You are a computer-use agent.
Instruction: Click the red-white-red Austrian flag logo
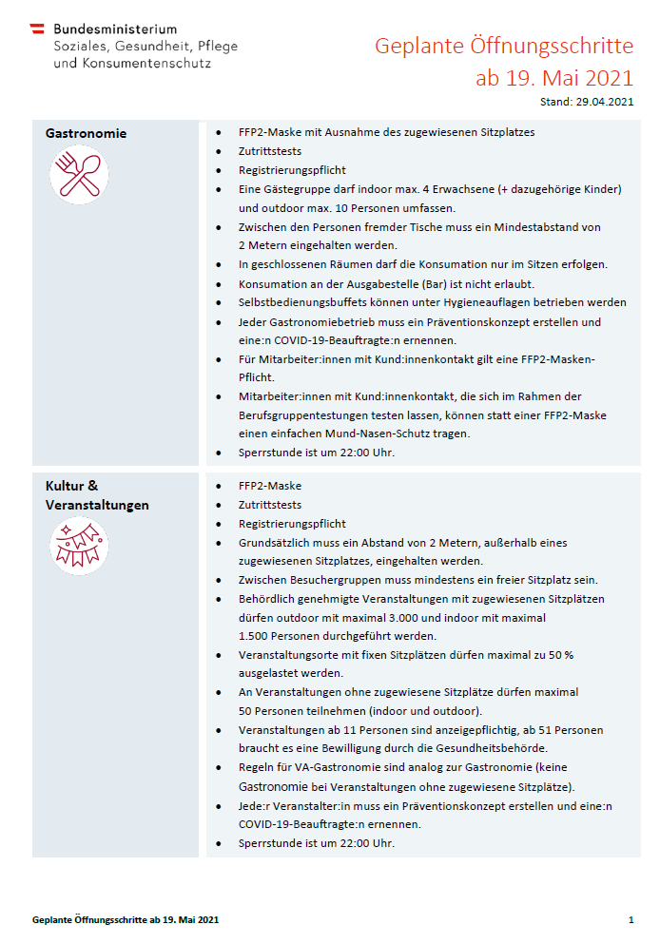pos(37,29)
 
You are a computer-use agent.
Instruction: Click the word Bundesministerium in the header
pos(115,29)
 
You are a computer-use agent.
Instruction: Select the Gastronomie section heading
pos(86,133)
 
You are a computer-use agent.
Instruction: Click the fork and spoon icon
pos(79,176)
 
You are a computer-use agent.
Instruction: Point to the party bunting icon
pos(79,547)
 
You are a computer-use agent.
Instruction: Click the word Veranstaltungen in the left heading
pos(97,505)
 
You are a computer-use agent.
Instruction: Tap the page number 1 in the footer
pos(631,920)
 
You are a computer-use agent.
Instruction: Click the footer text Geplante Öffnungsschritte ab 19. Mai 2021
pos(126,920)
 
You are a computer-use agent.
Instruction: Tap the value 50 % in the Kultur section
pos(586,655)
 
